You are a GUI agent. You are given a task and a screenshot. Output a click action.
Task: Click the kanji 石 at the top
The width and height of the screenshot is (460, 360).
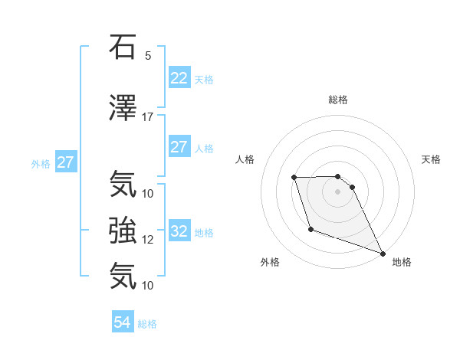123,47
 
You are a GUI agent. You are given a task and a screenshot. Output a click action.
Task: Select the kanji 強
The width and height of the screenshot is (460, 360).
123,231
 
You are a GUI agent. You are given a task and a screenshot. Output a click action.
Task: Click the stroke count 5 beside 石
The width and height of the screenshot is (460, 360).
147,56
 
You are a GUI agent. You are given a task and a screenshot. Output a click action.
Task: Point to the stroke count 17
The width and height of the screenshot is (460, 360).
147,117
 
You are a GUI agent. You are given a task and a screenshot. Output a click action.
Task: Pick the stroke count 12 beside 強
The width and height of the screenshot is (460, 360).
147,240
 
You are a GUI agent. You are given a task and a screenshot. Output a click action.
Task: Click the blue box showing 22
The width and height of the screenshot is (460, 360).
179,78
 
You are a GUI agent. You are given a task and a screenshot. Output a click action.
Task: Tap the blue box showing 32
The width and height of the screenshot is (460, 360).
179,231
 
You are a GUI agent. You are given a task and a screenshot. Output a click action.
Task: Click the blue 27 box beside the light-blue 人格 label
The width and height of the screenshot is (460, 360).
179,147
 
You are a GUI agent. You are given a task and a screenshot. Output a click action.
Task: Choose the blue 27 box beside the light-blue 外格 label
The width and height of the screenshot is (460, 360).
65,162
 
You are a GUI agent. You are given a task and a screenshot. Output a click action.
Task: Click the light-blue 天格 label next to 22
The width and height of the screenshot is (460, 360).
204,79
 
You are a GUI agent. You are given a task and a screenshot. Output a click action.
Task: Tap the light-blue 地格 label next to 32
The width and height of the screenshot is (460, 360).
204,232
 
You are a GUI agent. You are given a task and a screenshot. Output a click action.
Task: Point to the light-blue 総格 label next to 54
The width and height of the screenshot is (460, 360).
147,324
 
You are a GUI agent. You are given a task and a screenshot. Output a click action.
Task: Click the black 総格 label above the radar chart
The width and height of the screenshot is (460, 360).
338,100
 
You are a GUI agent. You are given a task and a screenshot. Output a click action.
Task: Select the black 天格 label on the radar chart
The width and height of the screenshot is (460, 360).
431,159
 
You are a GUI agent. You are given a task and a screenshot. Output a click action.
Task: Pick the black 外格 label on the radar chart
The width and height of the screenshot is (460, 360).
270,262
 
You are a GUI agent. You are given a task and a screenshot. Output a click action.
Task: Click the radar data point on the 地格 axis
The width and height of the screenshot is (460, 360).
383,254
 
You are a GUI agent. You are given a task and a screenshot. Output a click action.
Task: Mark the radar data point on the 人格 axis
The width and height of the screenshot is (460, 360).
294,178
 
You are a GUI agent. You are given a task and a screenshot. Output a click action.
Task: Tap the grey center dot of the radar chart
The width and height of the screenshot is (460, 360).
337,191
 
